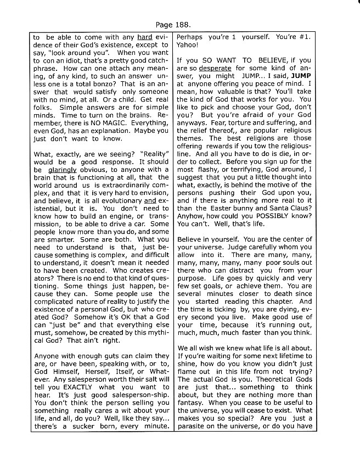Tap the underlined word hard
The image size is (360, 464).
(x=144, y=37)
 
